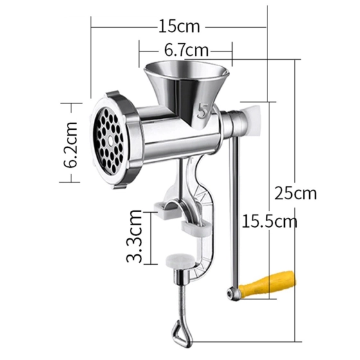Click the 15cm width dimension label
179,27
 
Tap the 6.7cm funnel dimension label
186,49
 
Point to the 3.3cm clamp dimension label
134,236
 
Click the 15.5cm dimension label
269,222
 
